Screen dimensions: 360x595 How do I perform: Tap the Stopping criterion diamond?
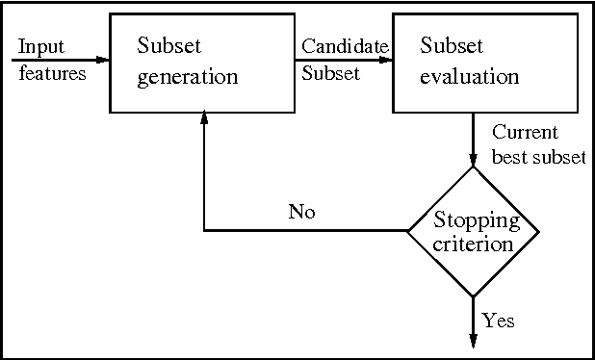click(x=473, y=231)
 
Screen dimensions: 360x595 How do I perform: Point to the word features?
click(x=51, y=71)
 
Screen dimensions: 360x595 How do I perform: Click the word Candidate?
click(x=345, y=46)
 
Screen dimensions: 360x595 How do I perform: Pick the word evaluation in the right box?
click(x=469, y=77)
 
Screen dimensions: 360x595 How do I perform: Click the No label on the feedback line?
click(x=301, y=212)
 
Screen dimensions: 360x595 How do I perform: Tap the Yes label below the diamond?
click(x=498, y=321)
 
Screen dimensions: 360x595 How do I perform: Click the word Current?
click(x=525, y=133)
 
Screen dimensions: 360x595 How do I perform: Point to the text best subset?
click(x=538, y=157)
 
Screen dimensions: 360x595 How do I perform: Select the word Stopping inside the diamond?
click(x=477, y=220)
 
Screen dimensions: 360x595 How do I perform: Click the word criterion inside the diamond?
click(x=473, y=244)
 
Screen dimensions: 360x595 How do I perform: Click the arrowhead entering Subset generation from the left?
click(x=102, y=59)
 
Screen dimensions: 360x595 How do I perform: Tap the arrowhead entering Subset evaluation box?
click(x=384, y=59)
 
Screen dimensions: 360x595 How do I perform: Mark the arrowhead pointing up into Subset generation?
click(x=203, y=116)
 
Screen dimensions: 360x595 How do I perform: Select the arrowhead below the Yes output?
click(x=473, y=339)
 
